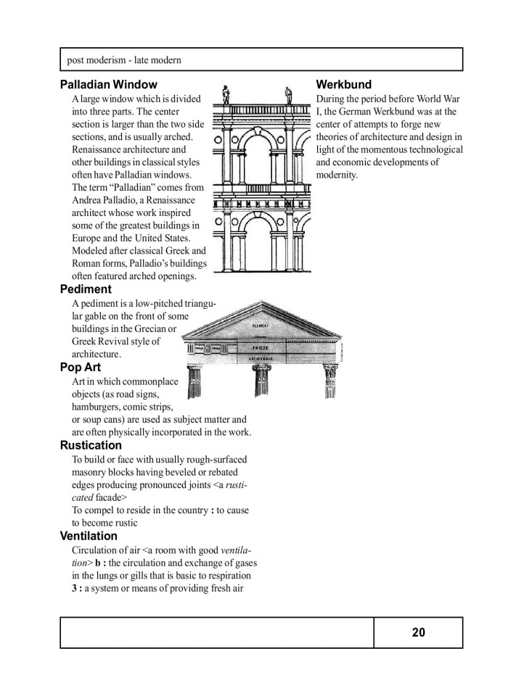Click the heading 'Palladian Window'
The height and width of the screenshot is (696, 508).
click(x=108, y=85)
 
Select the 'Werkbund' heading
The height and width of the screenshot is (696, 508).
click(x=344, y=85)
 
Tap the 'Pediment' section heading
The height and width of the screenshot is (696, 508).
click(x=86, y=289)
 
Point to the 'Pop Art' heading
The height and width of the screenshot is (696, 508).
click(x=81, y=367)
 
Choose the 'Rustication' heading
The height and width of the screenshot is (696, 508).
click(x=91, y=445)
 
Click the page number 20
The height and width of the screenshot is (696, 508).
click(x=418, y=632)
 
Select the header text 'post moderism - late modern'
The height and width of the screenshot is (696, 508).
click(x=123, y=59)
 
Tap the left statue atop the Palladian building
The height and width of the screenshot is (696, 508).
click(x=226, y=94)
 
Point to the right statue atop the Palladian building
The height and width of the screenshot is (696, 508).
click(x=289, y=94)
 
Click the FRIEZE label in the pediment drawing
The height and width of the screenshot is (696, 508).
click(x=261, y=349)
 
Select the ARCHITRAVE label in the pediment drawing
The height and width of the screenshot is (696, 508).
click(x=261, y=359)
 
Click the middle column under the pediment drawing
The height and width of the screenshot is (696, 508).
click(x=262, y=383)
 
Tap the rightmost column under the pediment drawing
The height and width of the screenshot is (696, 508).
click(x=330, y=383)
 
